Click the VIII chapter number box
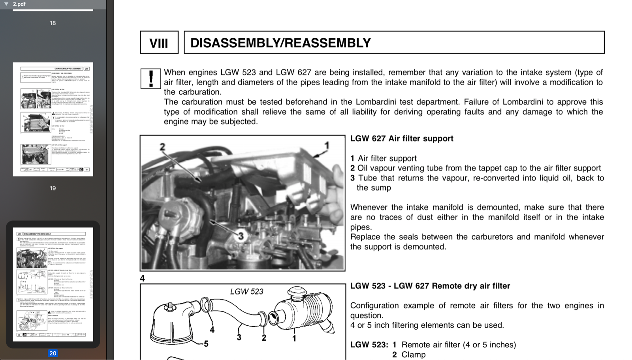pyautogui.click(x=159, y=43)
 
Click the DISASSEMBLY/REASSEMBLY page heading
pyautogui.click(x=280, y=43)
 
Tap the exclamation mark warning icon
pyautogui.click(x=150, y=78)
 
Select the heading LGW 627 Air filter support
pyautogui.click(x=402, y=139)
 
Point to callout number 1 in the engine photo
pyautogui.click(x=327, y=146)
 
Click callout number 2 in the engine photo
pyautogui.click(x=162, y=147)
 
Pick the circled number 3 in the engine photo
pyautogui.click(x=241, y=236)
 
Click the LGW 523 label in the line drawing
pyautogui.click(x=246, y=292)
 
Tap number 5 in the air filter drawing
pyautogui.click(x=206, y=344)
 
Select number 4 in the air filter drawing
pyautogui.click(x=212, y=330)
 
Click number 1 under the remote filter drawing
pyautogui.click(x=294, y=338)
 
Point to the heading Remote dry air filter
pyautogui.click(x=430, y=286)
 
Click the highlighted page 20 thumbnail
pyautogui.click(x=53, y=284)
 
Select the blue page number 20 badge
pyautogui.click(x=53, y=353)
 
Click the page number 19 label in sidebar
pyautogui.click(x=53, y=188)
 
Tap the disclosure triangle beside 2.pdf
pyautogui.click(x=6, y=4)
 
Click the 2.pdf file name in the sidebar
pyautogui.click(x=19, y=4)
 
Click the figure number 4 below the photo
pyautogui.click(x=143, y=278)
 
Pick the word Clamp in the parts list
pyautogui.click(x=414, y=354)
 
